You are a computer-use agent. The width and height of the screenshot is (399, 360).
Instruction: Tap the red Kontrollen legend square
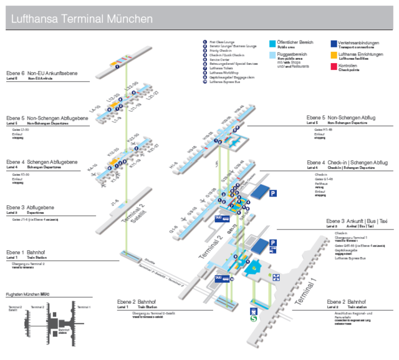click(334, 66)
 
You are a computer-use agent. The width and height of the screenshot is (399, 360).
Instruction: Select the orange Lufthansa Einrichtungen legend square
click(334, 56)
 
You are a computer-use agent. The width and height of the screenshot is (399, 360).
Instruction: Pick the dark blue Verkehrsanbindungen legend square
click(334, 44)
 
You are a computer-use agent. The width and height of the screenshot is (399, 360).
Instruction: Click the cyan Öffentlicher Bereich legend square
click(272, 44)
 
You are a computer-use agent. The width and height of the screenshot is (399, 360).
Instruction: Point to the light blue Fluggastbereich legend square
click(272, 56)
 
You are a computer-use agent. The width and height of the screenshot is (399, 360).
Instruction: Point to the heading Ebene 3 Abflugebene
click(31, 207)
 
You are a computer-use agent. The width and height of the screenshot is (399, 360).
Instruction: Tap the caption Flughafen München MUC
click(27, 293)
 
